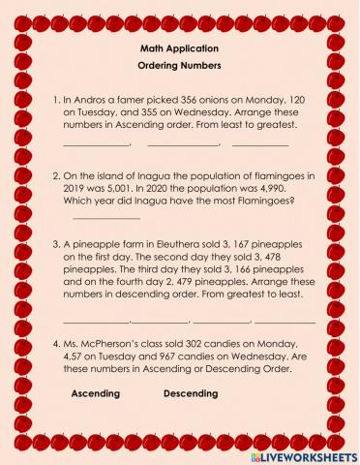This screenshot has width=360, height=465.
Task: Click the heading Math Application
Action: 179,47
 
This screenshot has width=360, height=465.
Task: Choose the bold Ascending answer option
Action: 96,394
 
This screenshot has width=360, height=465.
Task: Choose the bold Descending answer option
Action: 191,394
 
